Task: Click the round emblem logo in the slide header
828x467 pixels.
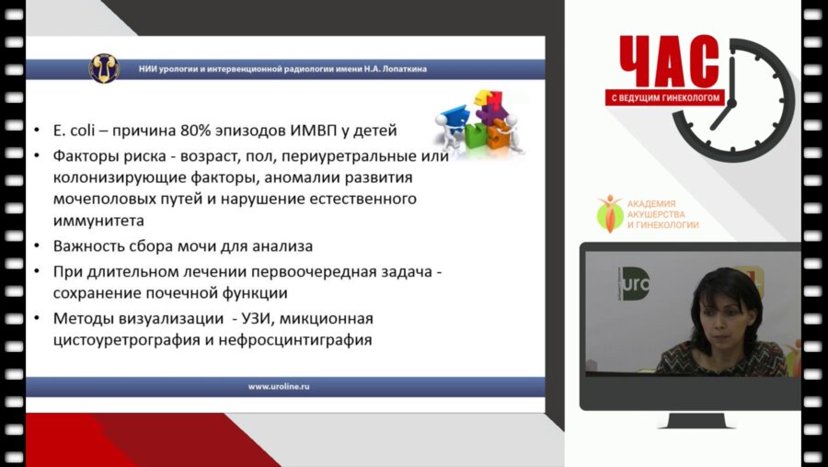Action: (x=103, y=67)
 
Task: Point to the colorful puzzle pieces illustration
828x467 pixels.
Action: (x=473, y=120)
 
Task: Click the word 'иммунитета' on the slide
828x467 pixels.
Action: (x=91, y=221)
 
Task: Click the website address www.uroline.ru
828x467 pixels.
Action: (x=279, y=387)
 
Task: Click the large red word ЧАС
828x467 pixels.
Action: (x=669, y=63)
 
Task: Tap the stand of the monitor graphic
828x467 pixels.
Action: (x=695, y=421)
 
